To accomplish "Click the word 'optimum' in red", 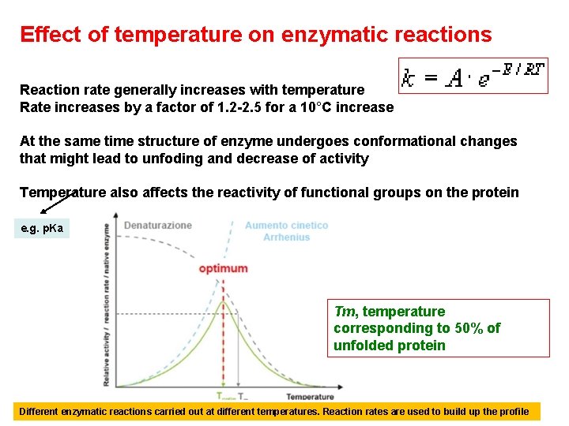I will tap(223, 268).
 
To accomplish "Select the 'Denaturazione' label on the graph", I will tap(157, 226).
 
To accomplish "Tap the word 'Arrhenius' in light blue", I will tap(286, 237).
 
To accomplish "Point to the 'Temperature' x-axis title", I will tap(310, 396).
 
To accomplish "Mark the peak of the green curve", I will tap(224, 299).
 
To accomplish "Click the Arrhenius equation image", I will tap(473, 76).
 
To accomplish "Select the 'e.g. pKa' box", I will tap(44, 229).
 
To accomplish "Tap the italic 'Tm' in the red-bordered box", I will tap(345, 312).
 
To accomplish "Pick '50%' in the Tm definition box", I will tap(469, 328).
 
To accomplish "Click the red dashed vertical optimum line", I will tap(224, 347).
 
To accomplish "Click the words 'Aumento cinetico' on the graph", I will tap(286, 226).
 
